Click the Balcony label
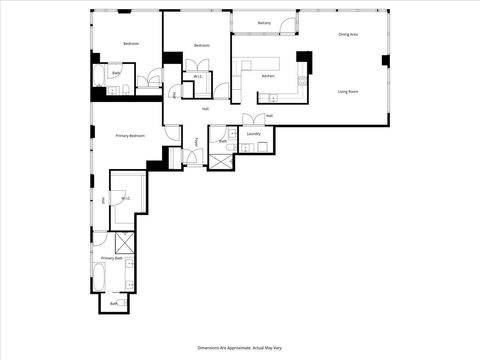point(264,22)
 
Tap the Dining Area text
point(349,35)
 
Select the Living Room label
point(349,91)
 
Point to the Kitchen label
point(268,76)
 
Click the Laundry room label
point(254,133)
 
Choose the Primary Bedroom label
point(130,135)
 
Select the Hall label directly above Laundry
point(269,116)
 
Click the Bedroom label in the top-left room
point(131,45)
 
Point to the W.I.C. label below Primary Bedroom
point(127,198)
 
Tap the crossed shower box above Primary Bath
point(126,242)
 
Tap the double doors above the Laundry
point(251,120)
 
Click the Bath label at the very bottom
point(114,303)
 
